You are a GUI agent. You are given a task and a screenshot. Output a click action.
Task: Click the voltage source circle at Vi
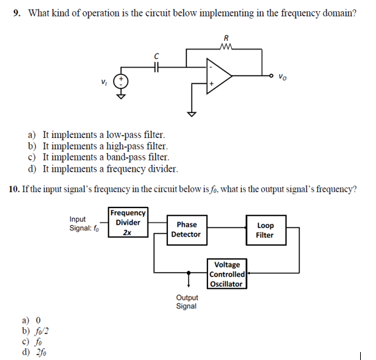(122, 81)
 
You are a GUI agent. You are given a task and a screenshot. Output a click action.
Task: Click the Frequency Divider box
(128, 222)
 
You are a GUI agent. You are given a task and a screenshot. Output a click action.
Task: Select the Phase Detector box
(186, 229)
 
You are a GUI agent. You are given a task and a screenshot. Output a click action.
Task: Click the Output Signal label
(186, 302)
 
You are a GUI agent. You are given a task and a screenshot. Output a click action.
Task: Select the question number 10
(14, 189)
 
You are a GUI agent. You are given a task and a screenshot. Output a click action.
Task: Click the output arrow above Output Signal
(188, 282)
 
